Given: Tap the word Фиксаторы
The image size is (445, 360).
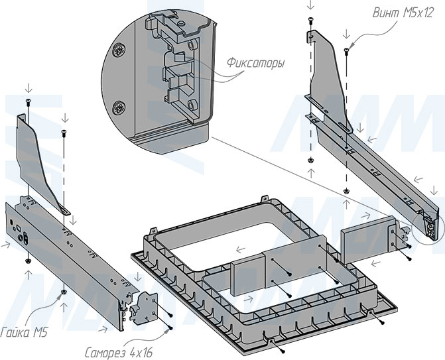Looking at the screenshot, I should click(255, 64).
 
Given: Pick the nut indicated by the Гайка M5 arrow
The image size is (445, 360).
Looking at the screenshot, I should click(62, 291).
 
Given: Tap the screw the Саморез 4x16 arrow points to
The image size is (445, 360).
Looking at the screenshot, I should click(170, 328).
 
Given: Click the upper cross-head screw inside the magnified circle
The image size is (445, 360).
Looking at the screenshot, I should click(119, 50).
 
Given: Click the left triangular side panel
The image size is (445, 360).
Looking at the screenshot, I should click(40, 159).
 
